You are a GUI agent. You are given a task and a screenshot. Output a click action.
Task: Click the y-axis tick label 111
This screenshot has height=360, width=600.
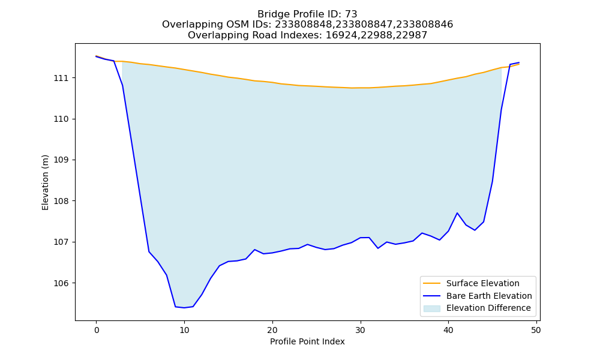coord(60,78)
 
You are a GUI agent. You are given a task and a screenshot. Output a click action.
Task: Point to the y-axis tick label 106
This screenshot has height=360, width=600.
coord(60,283)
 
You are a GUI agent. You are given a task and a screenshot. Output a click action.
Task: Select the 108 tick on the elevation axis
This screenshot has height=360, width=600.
coord(60,201)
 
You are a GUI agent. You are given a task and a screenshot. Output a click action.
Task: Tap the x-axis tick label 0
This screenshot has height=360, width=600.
coord(97,330)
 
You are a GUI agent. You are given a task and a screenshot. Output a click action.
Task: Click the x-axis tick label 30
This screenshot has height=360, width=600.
coord(361,330)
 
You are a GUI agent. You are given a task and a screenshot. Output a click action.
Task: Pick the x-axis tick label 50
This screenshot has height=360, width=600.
coord(536,330)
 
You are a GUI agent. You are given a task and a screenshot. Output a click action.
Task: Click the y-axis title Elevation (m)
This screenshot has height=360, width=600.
coord(45,182)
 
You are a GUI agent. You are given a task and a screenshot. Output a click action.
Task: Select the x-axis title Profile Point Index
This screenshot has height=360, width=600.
coord(307,341)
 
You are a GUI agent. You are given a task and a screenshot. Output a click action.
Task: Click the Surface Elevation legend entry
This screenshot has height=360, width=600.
coord(482,283)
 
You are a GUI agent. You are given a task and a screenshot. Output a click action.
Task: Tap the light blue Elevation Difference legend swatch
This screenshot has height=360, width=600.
coord(431,308)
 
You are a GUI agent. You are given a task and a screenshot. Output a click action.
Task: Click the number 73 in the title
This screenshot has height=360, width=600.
coord(351,14)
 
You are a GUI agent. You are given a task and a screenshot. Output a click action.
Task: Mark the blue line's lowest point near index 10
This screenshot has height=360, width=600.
coord(184,308)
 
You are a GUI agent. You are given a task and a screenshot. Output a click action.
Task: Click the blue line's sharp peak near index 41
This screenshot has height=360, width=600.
coord(457,213)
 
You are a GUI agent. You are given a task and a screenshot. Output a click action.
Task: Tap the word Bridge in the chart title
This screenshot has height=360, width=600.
coord(271,14)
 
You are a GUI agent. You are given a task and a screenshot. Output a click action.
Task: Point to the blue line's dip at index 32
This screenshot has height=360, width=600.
coord(378,248)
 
